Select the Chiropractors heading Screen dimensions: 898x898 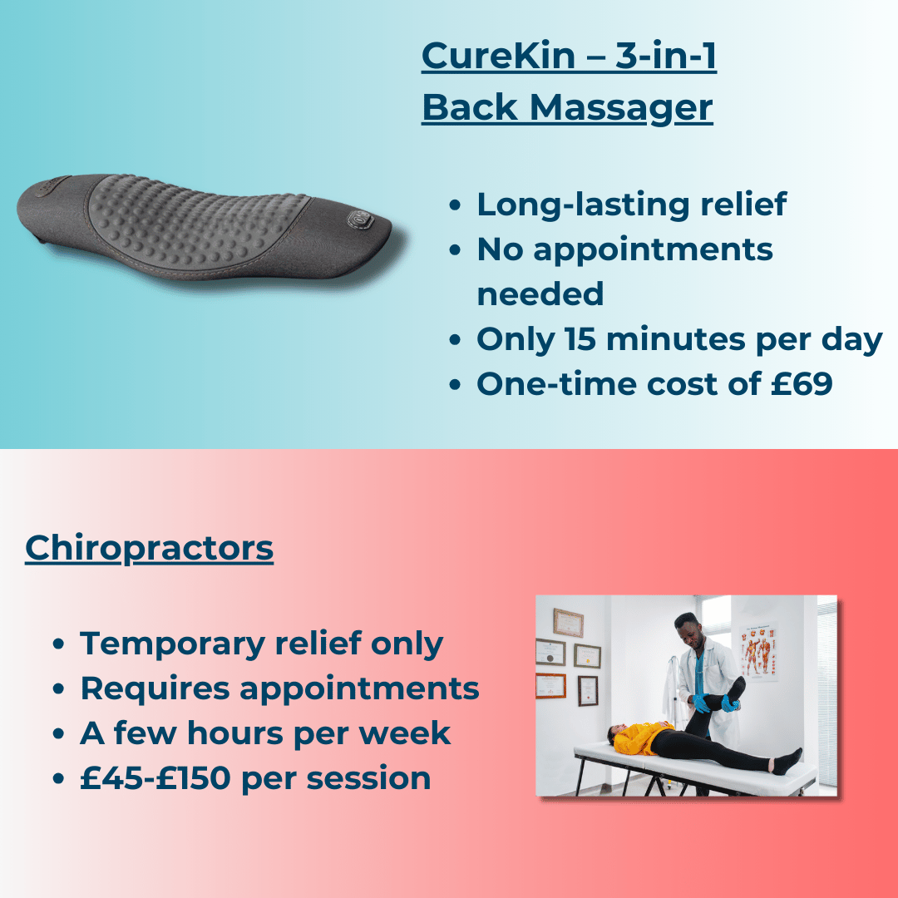(x=149, y=548)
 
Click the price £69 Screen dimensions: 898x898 (x=804, y=384)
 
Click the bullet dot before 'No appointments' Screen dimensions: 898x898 (x=454, y=250)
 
